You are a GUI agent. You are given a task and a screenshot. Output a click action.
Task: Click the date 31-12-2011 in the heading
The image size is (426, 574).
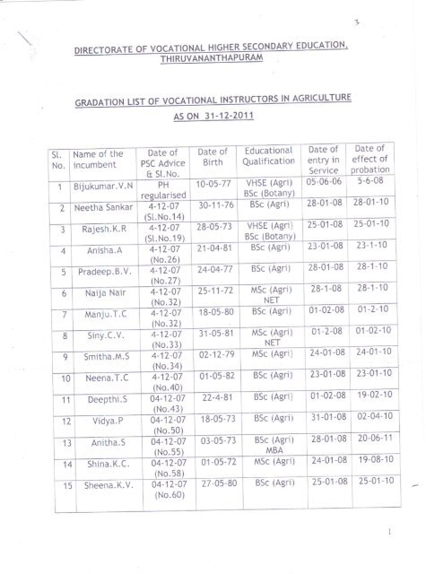(212, 127)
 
